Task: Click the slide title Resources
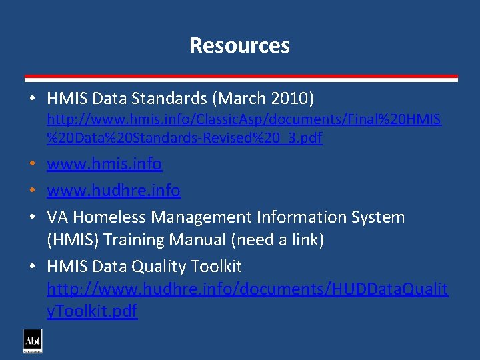pos(239,45)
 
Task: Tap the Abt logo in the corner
pos(33,341)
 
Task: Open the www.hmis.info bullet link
pos(104,163)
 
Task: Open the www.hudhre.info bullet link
pos(113,191)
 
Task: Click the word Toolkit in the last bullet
pos(215,267)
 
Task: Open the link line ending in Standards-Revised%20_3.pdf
pos(184,139)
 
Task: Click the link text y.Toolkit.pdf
pos(92,311)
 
